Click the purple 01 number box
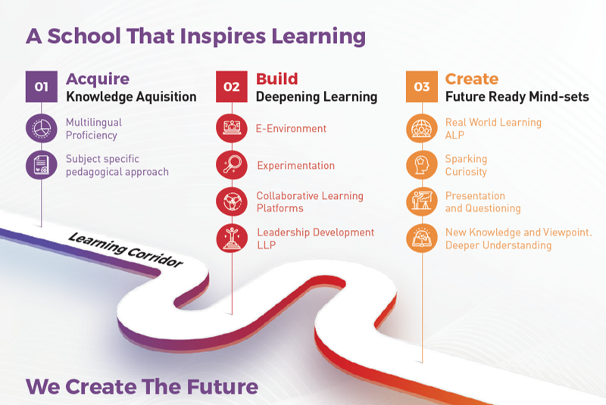(x=42, y=86)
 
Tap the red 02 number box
(x=232, y=86)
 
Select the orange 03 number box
(x=422, y=86)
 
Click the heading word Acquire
(x=98, y=79)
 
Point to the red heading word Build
(x=276, y=79)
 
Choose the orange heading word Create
(x=472, y=79)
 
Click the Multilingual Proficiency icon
(x=42, y=128)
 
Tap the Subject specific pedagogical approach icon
(x=42, y=165)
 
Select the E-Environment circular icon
(x=232, y=128)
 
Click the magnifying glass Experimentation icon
(x=232, y=165)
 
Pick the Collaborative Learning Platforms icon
(x=232, y=201)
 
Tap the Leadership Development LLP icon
(x=232, y=238)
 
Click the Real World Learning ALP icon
(x=422, y=128)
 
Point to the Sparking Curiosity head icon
(x=422, y=165)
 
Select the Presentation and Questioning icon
(x=422, y=201)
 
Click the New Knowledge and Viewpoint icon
(x=422, y=238)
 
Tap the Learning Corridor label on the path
(x=125, y=250)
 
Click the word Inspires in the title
(x=223, y=36)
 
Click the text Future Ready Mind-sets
(x=517, y=97)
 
